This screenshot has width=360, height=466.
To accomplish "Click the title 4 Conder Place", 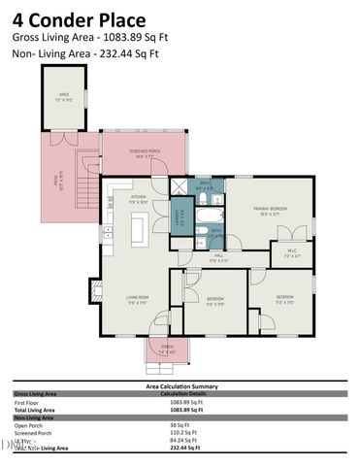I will click(80, 19).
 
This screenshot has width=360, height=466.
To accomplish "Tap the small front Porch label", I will click(164, 349).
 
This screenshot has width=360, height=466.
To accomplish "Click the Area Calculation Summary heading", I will click(180, 385).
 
